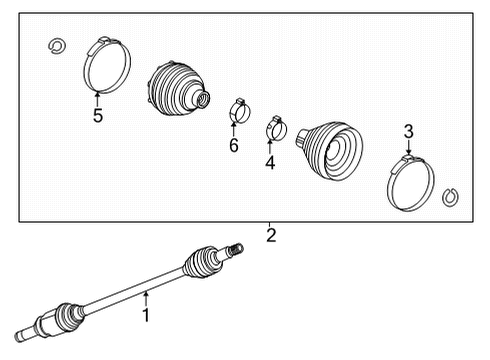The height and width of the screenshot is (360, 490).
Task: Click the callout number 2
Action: coord(270,237)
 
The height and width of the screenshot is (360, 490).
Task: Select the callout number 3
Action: coord(408,130)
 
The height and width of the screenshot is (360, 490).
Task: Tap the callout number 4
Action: coord(269,162)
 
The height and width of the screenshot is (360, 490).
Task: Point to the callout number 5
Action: coord(98,115)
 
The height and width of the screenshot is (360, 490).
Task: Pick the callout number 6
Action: coord(234,146)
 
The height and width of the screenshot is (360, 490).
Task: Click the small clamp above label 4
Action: coord(275,128)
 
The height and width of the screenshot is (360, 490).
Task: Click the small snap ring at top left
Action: coord(57,44)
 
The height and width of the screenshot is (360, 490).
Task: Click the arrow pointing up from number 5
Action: coord(97,98)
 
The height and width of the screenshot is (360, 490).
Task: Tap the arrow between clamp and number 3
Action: coord(408,148)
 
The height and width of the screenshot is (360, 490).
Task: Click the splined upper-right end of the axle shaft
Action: coord(234,247)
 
